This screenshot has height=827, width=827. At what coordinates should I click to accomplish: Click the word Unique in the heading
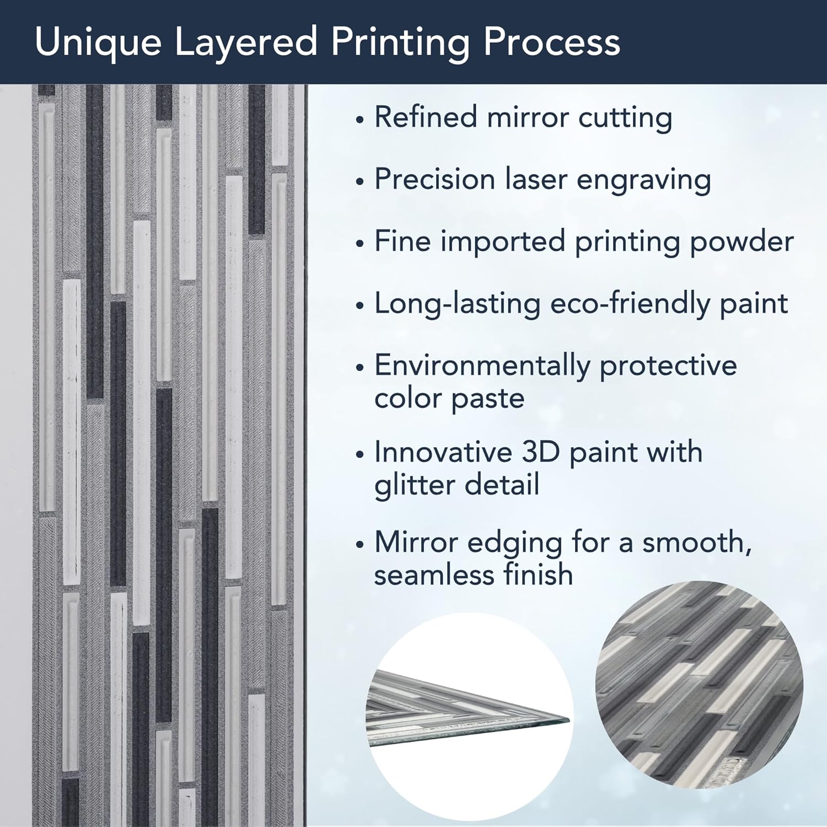(98, 42)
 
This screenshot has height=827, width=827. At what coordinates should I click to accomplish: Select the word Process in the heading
(552, 42)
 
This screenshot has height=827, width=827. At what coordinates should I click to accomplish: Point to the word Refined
(425, 117)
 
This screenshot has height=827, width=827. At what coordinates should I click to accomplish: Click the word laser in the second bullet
(538, 179)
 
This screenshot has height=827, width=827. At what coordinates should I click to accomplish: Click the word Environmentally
(482, 366)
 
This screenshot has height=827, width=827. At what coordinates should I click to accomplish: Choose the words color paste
(449, 399)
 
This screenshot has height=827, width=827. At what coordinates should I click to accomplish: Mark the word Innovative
(443, 452)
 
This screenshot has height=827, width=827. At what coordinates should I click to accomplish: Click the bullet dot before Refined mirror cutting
(360, 120)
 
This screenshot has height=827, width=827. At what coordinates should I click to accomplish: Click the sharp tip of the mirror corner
(570, 720)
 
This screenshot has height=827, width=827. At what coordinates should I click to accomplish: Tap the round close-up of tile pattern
(699, 684)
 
